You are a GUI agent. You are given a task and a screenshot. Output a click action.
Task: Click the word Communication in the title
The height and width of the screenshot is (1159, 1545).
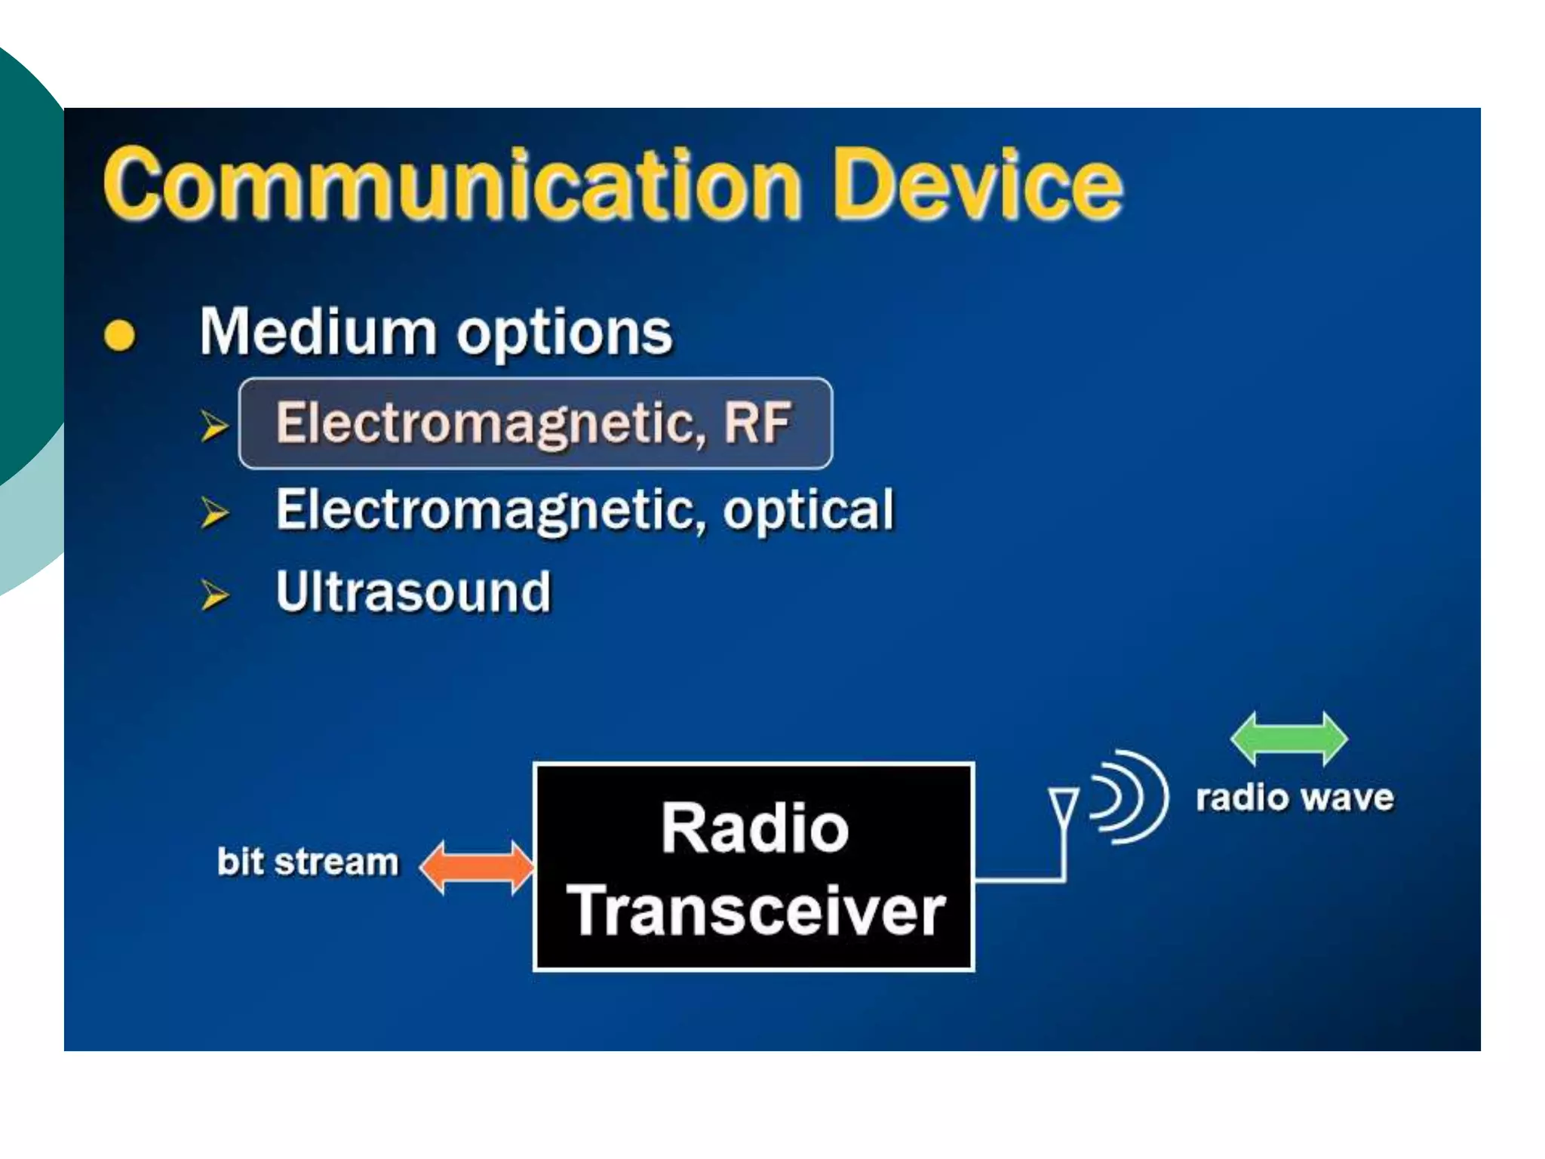(x=451, y=185)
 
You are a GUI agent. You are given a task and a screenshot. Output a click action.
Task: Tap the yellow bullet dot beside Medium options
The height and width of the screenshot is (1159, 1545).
(x=119, y=336)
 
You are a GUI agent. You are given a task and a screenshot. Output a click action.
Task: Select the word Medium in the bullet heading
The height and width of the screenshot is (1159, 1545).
(x=318, y=332)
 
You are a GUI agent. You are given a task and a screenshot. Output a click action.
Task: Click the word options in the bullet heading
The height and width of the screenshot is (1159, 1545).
(x=564, y=334)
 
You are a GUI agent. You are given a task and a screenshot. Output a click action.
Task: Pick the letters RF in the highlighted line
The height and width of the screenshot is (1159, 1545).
(x=757, y=423)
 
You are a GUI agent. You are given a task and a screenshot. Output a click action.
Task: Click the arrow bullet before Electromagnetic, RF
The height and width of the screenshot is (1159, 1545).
(x=214, y=426)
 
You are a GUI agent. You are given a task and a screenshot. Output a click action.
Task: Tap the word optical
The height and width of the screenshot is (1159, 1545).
(x=808, y=511)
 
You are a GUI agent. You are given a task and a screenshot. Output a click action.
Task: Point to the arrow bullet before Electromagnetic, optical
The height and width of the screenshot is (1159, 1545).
(x=214, y=512)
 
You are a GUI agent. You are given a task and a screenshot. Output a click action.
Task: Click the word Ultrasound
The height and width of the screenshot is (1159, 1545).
(x=413, y=592)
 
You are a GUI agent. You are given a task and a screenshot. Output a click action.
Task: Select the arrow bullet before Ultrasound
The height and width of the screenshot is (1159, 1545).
(x=214, y=595)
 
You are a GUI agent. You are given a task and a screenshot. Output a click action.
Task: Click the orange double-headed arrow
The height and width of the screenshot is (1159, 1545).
(x=476, y=867)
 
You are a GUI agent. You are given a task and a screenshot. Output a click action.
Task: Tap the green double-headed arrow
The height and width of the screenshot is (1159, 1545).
(x=1289, y=738)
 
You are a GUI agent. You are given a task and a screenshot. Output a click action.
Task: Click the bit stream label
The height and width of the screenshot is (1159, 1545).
(x=307, y=862)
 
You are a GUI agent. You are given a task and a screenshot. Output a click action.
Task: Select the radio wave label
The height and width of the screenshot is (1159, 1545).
(x=1295, y=798)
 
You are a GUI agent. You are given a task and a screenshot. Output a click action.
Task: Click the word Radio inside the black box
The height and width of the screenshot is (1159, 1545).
(x=754, y=829)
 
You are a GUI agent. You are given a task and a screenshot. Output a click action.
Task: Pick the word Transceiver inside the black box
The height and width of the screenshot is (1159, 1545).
(x=755, y=911)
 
